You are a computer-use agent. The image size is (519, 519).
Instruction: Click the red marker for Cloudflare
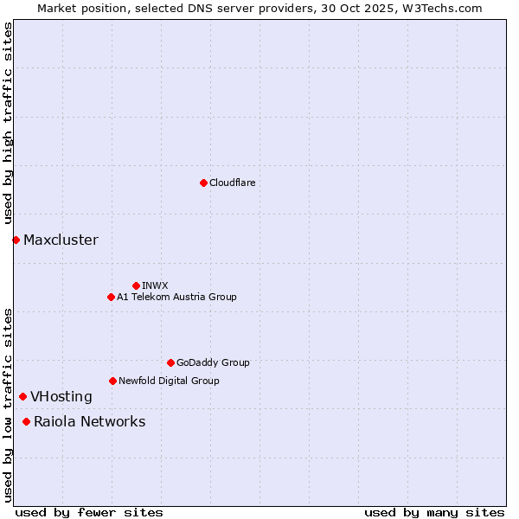pyautogui.click(x=203, y=183)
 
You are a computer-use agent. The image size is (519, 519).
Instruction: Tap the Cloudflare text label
pyautogui.click(x=232, y=183)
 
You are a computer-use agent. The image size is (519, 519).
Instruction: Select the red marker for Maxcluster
pyautogui.click(x=16, y=240)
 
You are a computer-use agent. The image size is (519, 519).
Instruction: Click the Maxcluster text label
pyautogui.click(x=61, y=240)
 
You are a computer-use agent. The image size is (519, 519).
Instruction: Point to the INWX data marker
pyautogui.click(x=136, y=285)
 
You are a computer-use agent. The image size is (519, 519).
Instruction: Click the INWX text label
pyautogui.click(x=155, y=285)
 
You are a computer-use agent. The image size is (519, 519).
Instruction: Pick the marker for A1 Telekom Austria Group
pyautogui.click(x=111, y=297)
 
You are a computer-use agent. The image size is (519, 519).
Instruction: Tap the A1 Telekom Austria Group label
pyautogui.click(x=176, y=297)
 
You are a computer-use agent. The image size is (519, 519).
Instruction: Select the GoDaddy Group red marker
pyautogui.click(x=170, y=362)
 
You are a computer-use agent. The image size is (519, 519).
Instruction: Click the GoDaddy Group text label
pyautogui.click(x=213, y=362)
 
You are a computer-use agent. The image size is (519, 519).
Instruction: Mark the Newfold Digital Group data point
pyautogui.click(x=112, y=381)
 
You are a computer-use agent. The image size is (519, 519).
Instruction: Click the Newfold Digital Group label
pyautogui.click(x=169, y=381)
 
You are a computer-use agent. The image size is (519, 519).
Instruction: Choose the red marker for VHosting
pyautogui.click(x=22, y=396)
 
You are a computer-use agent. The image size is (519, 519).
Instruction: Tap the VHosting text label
pyautogui.click(x=61, y=397)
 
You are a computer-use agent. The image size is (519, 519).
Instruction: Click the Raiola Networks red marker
pyautogui.click(x=26, y=421)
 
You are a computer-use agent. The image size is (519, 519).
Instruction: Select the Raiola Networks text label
pyautogui.click(x=89, y=422)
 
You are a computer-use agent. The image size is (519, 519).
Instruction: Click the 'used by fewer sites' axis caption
pyautogui.click(x=89, y=512)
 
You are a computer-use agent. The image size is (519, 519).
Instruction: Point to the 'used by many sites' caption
pyautogui.click(x=433, y=512)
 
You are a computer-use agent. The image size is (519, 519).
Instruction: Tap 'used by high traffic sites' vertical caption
pyautogui.click(x=8, y=124)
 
